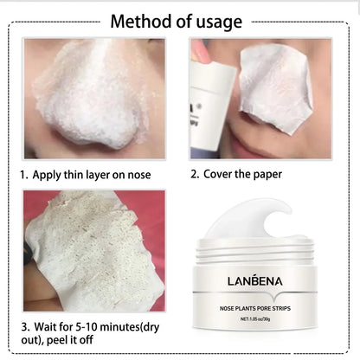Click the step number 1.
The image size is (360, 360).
click(25, 175)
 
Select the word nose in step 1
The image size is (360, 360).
click(137, 175)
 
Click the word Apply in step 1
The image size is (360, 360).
click(51, 175)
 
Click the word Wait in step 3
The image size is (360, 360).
click(48, 327)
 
